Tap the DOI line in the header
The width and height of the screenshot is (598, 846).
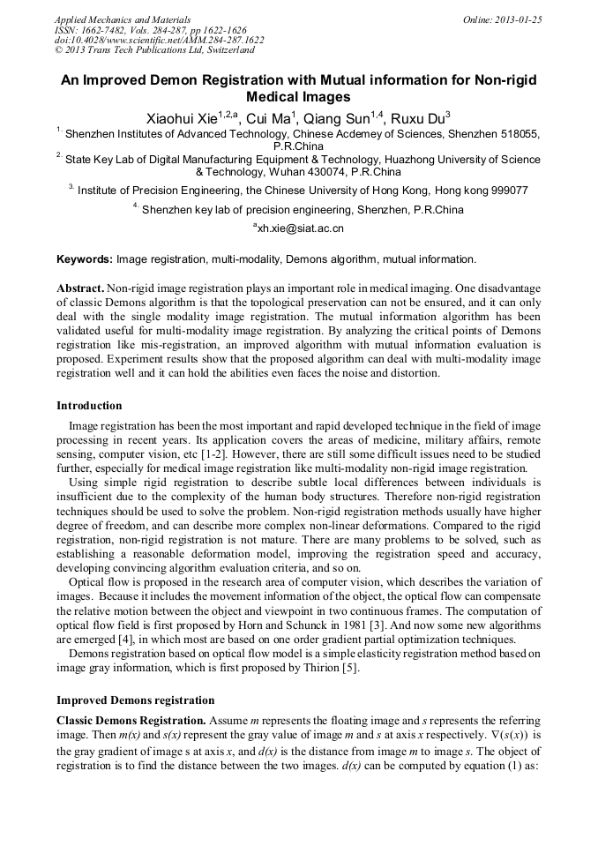[x=159, y=41]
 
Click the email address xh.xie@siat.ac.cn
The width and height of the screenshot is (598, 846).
[x=300, y=228]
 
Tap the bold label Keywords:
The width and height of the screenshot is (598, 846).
[x=85, y=259]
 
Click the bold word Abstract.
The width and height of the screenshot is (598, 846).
[x=80, y=289]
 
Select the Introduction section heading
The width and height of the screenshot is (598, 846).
[x=89, y=406]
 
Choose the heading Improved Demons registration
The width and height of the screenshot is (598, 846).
[x=136, y=700]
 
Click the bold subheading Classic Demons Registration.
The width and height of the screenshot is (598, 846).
[x=131, y=721]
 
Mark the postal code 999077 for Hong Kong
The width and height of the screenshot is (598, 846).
[x=508, y=190]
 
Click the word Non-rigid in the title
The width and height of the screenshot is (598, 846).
[x=504, y=80]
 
